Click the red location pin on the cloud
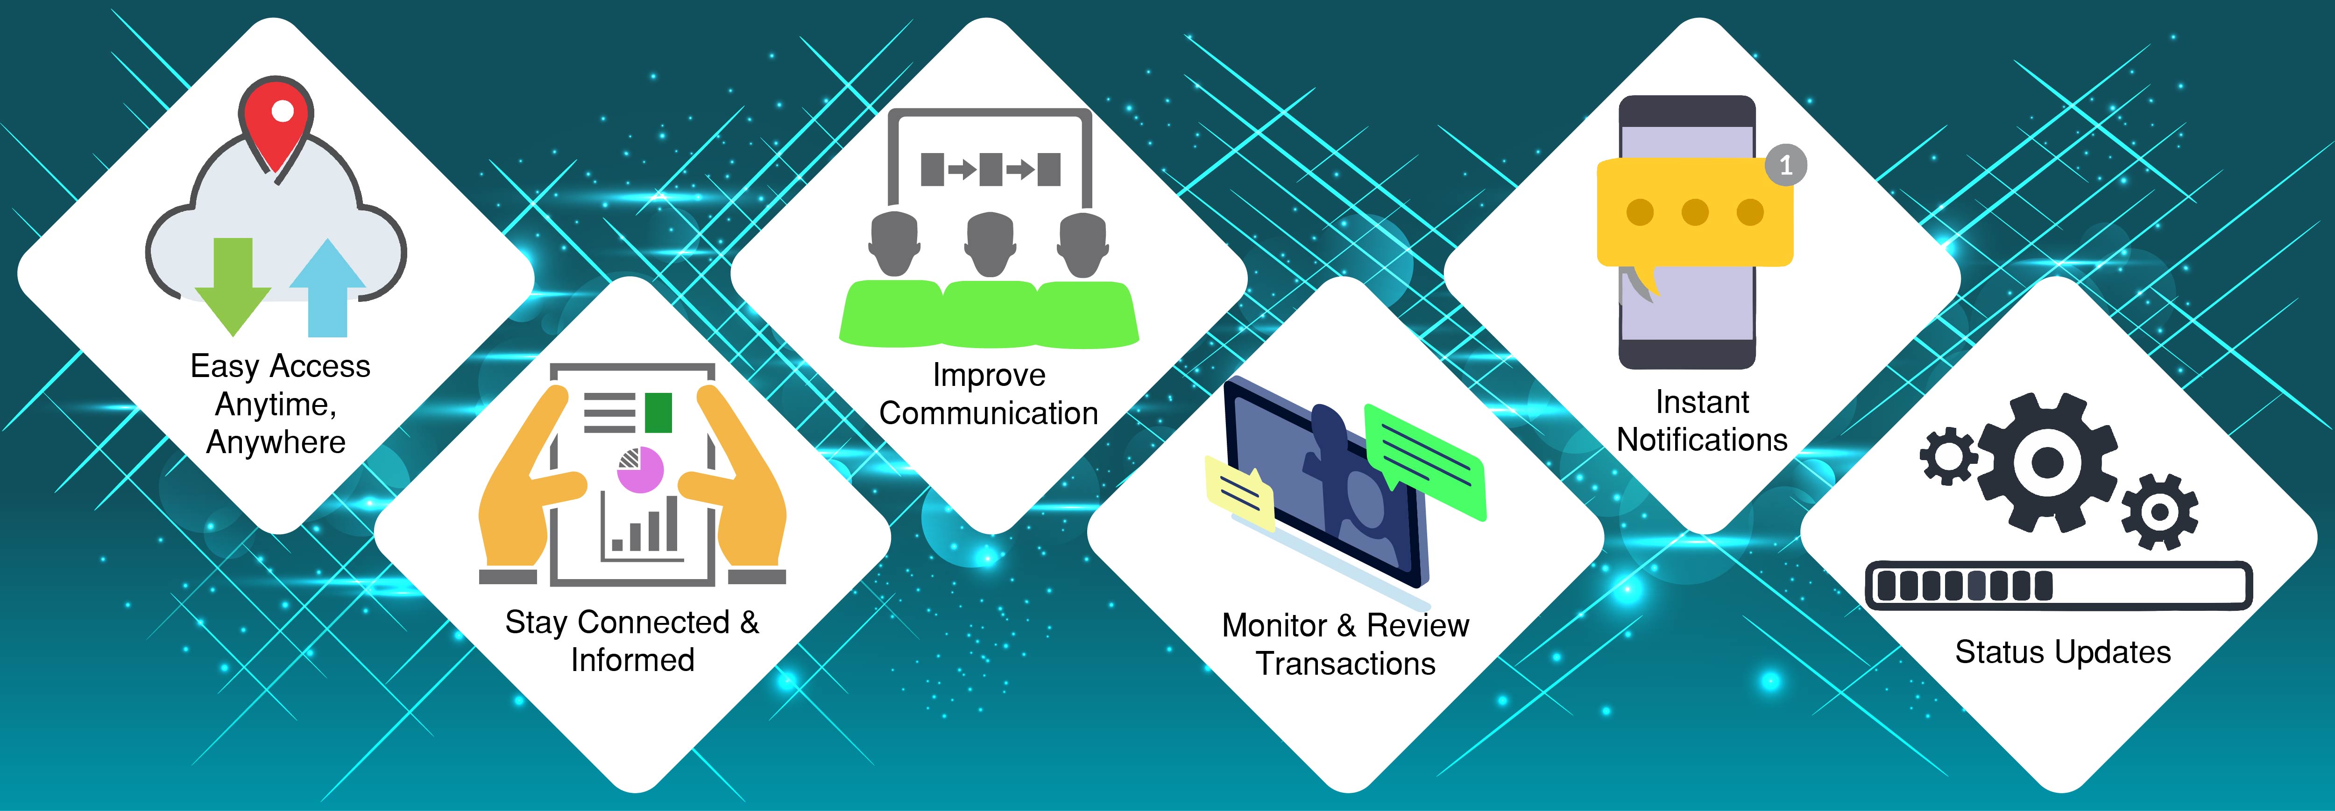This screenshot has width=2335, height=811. coord(276,122)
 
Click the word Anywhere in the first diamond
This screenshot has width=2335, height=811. coord(276,442)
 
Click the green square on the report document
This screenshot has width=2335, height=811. coord(658,412)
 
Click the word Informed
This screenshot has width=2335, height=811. coord(633,660)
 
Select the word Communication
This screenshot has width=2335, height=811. coord(989,413)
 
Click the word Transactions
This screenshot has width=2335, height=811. coord(1346,664)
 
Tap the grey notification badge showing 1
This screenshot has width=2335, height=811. coord(1786,165)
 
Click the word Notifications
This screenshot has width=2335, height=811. coord(1702,440)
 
